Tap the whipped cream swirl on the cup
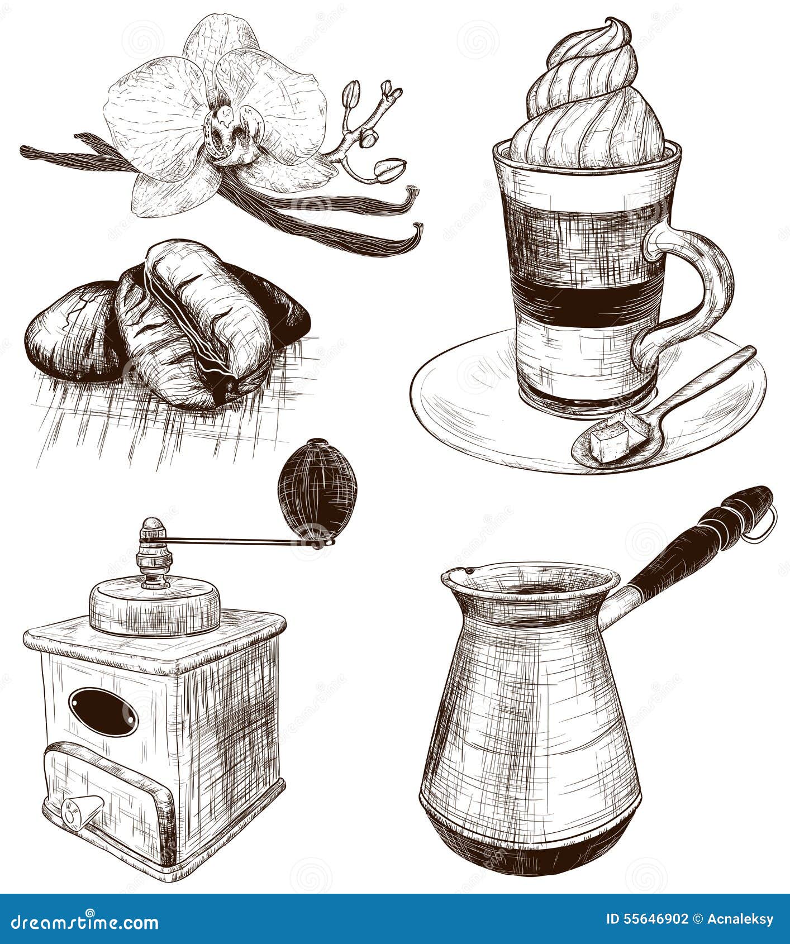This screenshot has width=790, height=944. click(587, 101)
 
